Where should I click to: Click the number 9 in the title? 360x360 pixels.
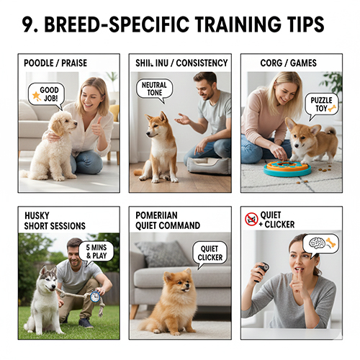(x=30, y=25)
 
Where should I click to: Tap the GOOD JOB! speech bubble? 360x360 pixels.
(x=47, y=94)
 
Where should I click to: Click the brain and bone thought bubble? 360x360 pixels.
(x=320, y=243)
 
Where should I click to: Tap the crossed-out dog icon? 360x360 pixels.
(x=251, y=217)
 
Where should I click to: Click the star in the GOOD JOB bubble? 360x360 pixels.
(x=36, y=94)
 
